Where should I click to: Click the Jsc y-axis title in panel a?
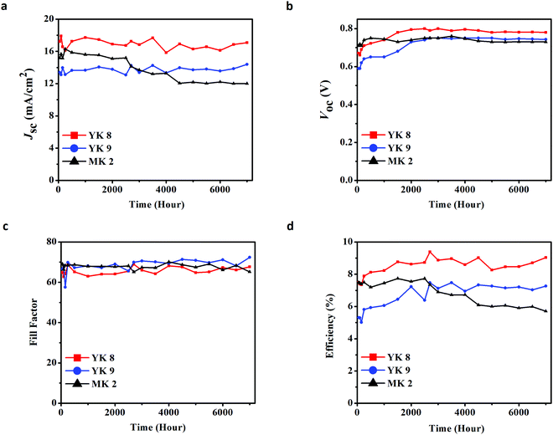[x=11, y=99]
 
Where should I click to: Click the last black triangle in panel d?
[x=545, y=311]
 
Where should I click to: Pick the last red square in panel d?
[x=545, y=258]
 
